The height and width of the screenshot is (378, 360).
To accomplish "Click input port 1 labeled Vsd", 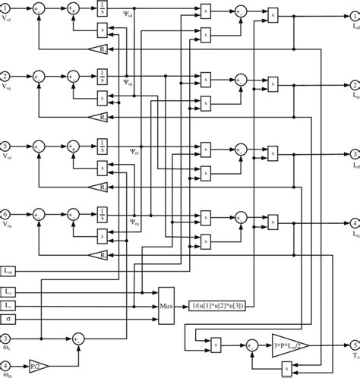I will pos(6,11).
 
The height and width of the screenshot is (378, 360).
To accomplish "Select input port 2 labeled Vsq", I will pos(6,76).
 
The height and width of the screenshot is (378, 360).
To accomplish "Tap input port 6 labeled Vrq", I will pos(6,214).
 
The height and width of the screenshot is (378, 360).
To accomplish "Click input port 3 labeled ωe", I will pos(6,339).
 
